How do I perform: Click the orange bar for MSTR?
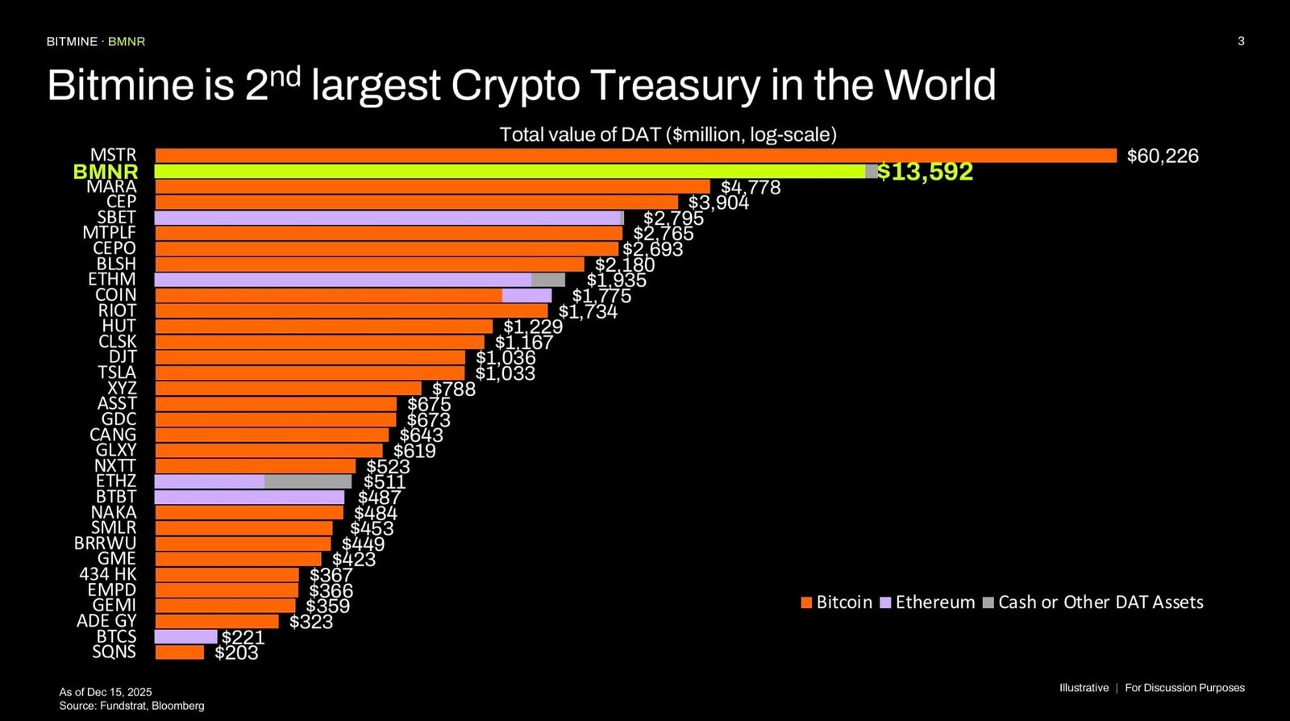click(x=635, y=156)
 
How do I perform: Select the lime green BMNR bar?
click(x=510, y=171)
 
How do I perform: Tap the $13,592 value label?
click(x=925, y=172)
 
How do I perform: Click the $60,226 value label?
click(x=1162, y=156)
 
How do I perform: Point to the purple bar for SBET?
click(x=387, y=218)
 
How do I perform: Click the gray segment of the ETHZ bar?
click(x=308, y=481)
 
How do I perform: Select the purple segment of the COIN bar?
click(x=526, y=295)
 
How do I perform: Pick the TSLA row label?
click(x=117, y=373)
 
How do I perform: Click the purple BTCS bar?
click(x=185, y=636)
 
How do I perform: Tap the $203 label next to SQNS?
click(x=236, y=653)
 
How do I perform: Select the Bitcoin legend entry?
click(x=837, y=602)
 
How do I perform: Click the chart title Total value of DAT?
click(x=668, y=135)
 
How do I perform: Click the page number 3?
click(x=1241, y=41)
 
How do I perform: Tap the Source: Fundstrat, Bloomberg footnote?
click(x=131, y=706)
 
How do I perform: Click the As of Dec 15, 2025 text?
click(x=106, y=692)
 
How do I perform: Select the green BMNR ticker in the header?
click(x=127, y=41)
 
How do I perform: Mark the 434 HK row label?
click(x=108, y=574)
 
